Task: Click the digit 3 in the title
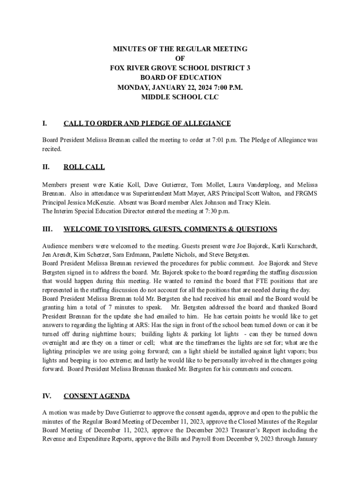pyautogui.click(x=248, y=68)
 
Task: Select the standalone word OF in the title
pyautogui.click(x=180, y=58)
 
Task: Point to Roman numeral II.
pyautogui.click(x=46, y=167)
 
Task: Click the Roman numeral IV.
pyautogui.click(x=47, y=396)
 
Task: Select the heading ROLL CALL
pyautogui.click(x=84, y=167)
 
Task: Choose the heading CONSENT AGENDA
pyautogui.click(x=97, y=396)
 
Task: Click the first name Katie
pyautogui.click(x=117, y=185)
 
